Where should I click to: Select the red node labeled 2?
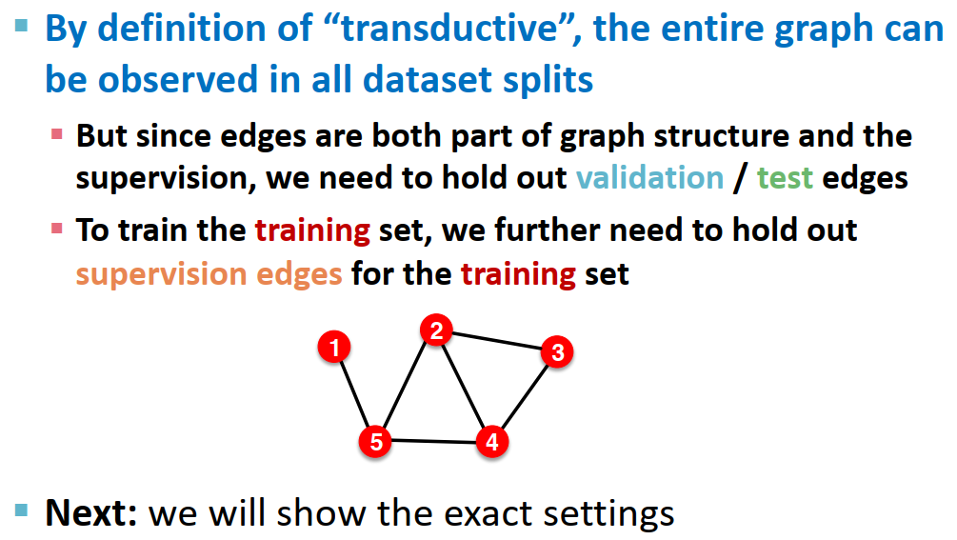436,331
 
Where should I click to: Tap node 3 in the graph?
557,352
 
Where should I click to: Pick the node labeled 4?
491,442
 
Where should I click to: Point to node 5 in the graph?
376,441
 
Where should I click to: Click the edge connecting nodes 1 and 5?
354,393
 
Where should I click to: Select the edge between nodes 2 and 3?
496,342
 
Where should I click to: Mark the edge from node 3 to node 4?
525,396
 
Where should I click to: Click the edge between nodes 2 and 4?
464,387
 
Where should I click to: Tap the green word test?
785,178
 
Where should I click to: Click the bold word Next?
92,513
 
